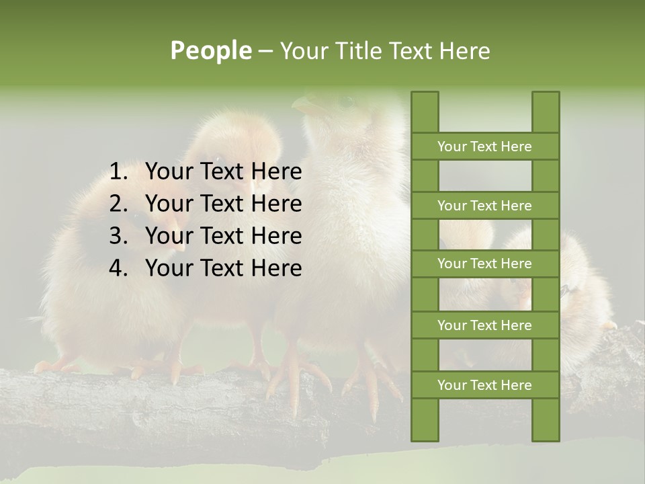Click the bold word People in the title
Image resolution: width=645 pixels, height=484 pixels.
[211, 50]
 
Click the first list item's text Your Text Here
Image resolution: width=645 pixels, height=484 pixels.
[223, 172]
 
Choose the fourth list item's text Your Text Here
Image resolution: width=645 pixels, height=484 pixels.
[223, 268]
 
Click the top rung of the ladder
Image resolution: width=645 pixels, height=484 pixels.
[484, 147]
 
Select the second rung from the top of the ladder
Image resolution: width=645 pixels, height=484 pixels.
[484, 206]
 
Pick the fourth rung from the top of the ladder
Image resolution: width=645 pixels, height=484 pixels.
[484, 325]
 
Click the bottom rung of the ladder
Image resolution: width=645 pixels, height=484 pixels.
[484, 385]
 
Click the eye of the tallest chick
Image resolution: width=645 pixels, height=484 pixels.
[346, 102]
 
